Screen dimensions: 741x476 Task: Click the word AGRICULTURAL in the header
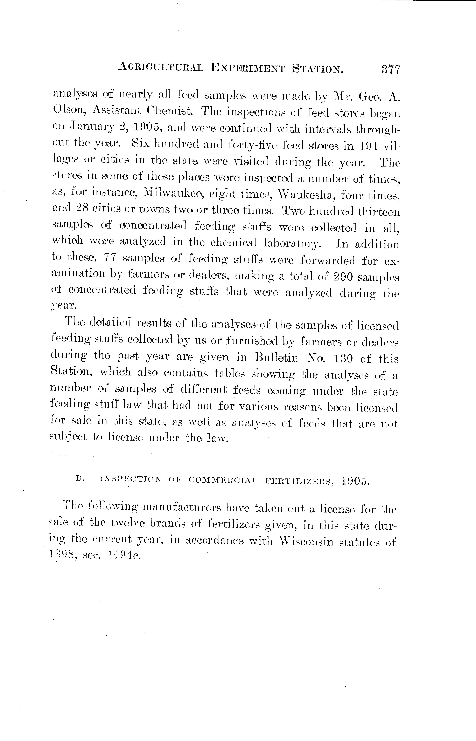coord(161,68)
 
